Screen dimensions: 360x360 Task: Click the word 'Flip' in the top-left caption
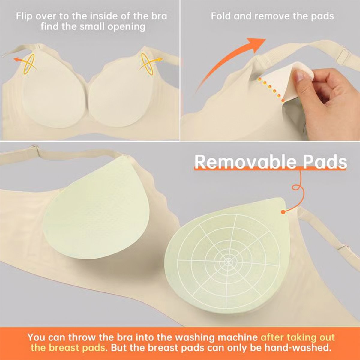[x=24, y=16]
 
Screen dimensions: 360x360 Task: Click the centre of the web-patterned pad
[x=228, y=260]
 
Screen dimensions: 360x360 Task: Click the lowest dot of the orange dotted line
[x=283, y=101]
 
